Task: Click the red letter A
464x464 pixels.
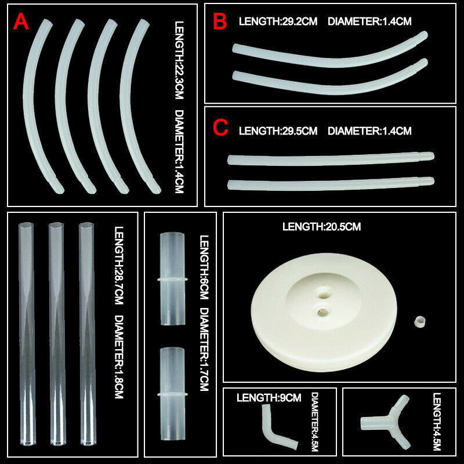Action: [x=21, y=21]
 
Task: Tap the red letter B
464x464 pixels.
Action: [x=220, y=21]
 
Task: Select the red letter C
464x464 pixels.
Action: [x=220, y=128]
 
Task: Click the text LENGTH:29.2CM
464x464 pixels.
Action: [x=278, y=21]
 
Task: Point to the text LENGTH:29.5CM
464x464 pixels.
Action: [x=278, y=131]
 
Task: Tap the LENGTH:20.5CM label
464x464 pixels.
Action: [x=322, y=227]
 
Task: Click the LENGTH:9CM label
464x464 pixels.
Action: [x=269, y=398]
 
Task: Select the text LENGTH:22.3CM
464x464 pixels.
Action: [x=179, y=60]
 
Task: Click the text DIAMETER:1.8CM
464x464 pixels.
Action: [x=119, y=357]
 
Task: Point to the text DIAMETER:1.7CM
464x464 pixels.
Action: [x=205, y=350]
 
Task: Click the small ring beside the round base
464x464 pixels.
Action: [x=420, y=322]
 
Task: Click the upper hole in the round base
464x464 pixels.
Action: [x=324, y=295]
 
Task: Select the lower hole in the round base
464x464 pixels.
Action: [x=322, y=311]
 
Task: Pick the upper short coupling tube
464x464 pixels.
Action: [x=172, y=279]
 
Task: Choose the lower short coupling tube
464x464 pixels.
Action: [x=172, y=394]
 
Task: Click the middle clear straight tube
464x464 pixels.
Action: [x=57, y=334]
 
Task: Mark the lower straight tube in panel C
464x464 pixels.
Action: [x=331, y=183]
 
